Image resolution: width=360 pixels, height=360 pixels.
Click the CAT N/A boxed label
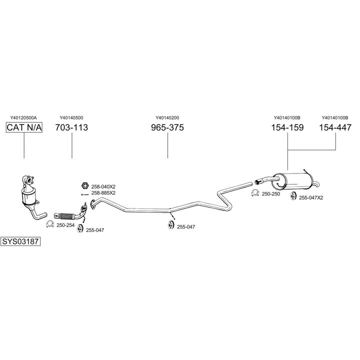(24, 128)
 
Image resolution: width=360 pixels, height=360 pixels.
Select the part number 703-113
(71, 128)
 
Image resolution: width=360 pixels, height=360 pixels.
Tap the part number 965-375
(167, 128)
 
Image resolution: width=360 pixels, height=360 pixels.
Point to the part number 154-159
(287, 128)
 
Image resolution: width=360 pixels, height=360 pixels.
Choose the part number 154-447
(335, 128)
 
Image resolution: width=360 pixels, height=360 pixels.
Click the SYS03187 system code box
(20, 241)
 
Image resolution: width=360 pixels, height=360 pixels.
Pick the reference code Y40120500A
(23, 118)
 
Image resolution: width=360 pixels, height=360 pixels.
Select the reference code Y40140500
(71, 118)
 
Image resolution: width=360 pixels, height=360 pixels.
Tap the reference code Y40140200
(167, 118)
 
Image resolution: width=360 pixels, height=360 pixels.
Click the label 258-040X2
(103, 186)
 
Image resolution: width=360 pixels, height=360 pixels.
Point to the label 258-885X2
(103, 193)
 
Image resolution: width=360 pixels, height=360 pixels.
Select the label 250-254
(65, 225)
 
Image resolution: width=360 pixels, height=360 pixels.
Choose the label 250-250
(270, 193)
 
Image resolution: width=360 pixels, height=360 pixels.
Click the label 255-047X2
(311, 197)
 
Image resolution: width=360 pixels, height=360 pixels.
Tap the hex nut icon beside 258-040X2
(85, 186)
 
